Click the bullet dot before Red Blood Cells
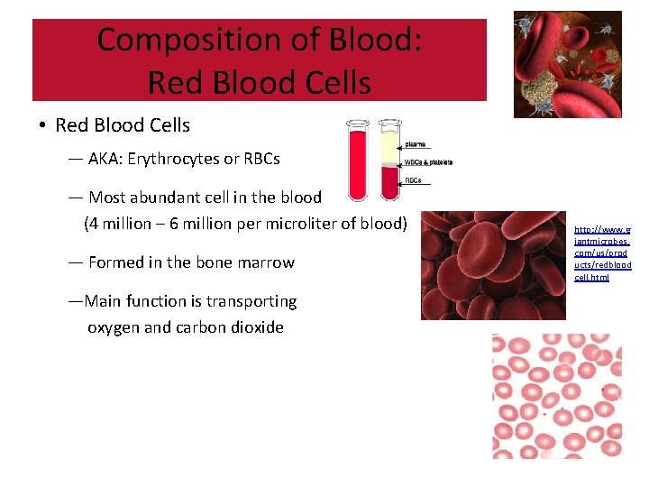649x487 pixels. click(x=42, y=125)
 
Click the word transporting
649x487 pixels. click(x=251, y=301)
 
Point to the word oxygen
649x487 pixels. click(x=113, y=327)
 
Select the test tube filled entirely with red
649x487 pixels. click(x=358, y=162)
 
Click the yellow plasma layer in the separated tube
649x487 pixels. click(x=390, y=144)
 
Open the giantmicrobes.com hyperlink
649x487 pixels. click(x=602, y=253)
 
